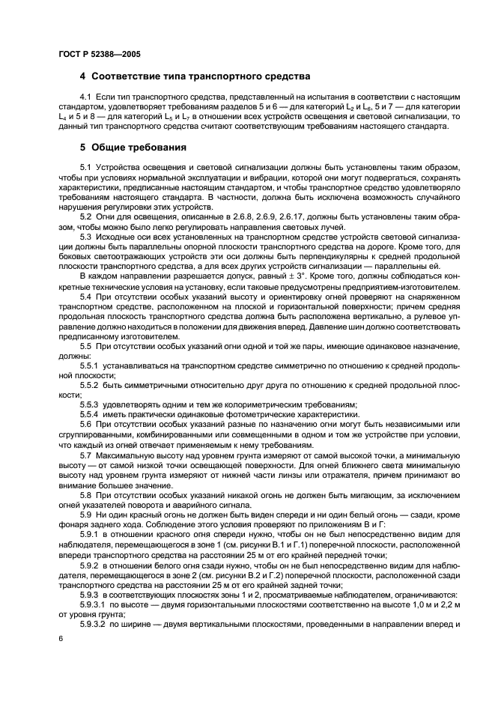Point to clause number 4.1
(x=85, y=98)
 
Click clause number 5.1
(x=85, y=166)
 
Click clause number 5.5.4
(x=88, y=414)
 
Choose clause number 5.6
(x=85, y=424)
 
